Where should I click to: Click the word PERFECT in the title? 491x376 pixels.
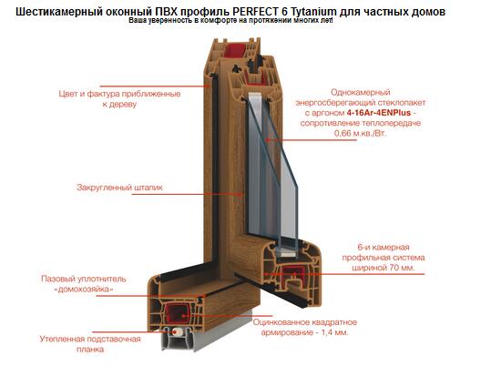coord(255,12)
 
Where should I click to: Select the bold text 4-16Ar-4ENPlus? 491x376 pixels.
coord(378,112)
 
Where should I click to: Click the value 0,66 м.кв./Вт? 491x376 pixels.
coord(361,133)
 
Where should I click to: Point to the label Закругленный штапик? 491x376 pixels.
coord(120,188)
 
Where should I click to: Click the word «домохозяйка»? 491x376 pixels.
coord(84,289)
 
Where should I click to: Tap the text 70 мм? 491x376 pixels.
coord(403,268)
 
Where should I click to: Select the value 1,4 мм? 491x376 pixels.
coord(334,332)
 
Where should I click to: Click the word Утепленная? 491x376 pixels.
coord(62,339)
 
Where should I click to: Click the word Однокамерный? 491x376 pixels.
coord(361,92)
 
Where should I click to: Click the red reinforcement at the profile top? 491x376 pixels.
coord(234,49)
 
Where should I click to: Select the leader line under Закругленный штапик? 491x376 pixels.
coord(188,195)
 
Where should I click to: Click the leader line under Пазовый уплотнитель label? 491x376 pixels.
coord(150,296)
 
